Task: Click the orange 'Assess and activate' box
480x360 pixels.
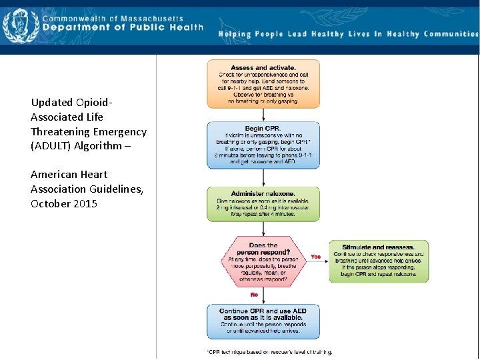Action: click(x=263, y=84)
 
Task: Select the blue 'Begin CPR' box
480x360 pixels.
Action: click(x=263, y=144)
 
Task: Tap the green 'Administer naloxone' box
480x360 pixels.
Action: click(x=263, y=204)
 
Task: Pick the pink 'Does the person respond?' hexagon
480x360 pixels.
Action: click(x=263, y=261)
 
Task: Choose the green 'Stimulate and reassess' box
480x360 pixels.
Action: click(x=378, y=261)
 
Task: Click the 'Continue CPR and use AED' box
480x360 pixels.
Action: click(x=263, y=321)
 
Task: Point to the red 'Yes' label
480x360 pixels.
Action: click(x=316, y=257)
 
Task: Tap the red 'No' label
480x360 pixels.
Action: click(x=254, y=294)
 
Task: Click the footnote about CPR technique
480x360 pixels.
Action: click(x=269, y=352)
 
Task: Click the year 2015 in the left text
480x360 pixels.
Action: click(x=83, y=203)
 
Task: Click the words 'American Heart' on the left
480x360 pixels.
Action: click(x=69, y=175)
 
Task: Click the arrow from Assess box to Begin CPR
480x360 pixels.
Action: click(x=263, y=115)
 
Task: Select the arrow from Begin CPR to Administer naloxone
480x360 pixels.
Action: click(x=263, y=176)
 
